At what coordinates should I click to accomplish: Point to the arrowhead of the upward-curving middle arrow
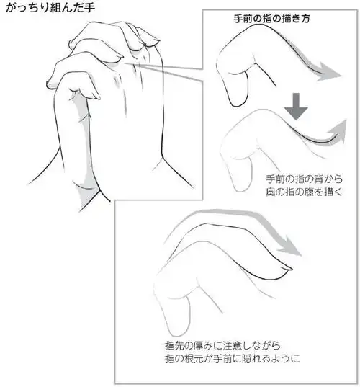tap(338, 132)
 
